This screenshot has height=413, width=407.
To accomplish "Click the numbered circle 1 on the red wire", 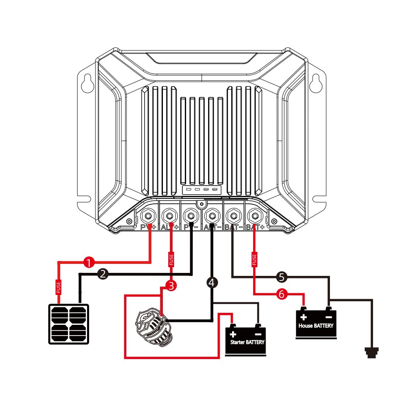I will [88, 262].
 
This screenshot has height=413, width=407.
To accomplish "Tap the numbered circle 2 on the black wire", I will [104, 273].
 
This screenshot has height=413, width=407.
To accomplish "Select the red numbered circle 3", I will [170, 285].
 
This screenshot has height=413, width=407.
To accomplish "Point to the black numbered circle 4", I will [211, 283].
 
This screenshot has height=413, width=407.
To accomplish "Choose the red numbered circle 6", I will [281, 294].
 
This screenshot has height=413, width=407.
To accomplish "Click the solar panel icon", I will [68, 324].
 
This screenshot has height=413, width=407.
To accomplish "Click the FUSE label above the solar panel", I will [58, 287].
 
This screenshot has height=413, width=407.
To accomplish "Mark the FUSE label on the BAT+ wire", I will [254, 259].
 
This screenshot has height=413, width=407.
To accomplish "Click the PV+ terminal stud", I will [148, 215].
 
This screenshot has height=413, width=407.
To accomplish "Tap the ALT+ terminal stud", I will [169, 215].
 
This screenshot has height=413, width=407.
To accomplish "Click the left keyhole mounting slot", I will [88, 83].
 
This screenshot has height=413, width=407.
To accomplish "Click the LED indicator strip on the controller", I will [201, 190].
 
